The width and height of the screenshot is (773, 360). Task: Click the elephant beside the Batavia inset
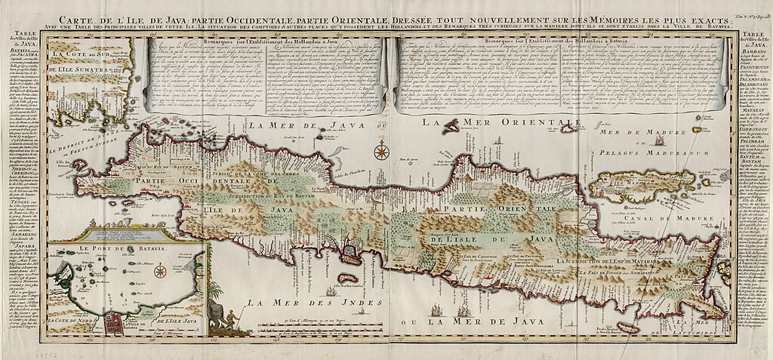tap(220, 312)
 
